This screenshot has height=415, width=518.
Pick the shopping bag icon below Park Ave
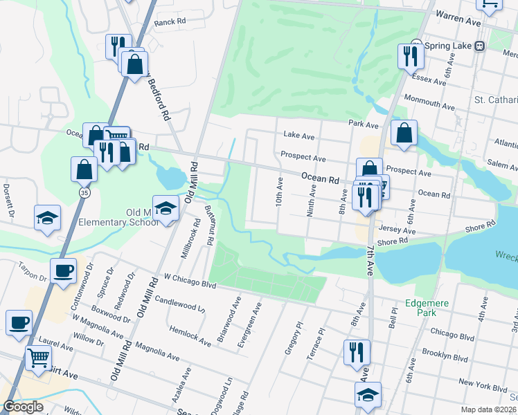click(x=404, y=133)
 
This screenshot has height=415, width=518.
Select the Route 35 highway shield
click(x=84, y=191)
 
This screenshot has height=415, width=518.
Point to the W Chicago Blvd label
click(x=190, y=280)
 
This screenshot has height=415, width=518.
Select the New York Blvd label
click(x=464, y=383)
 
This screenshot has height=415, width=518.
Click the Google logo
click(x=24, y=407)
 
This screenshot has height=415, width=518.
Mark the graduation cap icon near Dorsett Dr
click(x=48, y=217)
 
